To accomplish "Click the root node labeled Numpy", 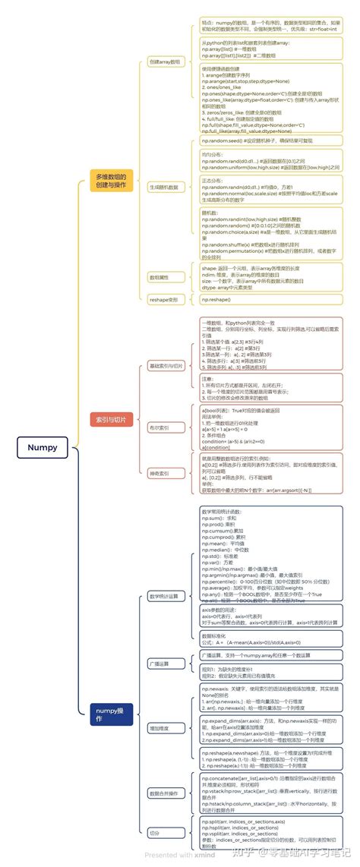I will [43, 447].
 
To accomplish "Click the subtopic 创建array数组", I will [165, 60].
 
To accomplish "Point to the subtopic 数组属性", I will [159, 277].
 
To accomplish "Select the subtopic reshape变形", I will [163, 300].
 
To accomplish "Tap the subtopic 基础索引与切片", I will [166, 366].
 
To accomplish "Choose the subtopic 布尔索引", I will [159, 428].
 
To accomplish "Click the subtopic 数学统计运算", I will [164, 596].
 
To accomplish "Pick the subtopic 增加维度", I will [159, 727].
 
